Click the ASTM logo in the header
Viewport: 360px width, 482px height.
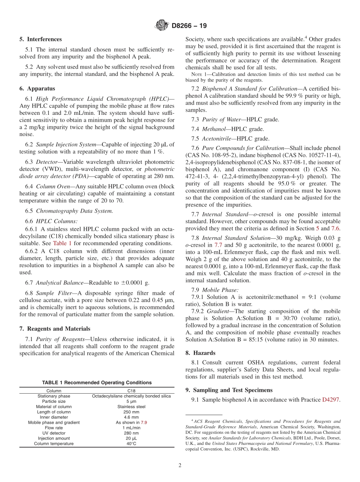[x=162, y=26]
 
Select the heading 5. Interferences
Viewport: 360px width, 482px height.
[x=41, y=39]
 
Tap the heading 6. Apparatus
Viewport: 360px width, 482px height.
[x=37, y=89]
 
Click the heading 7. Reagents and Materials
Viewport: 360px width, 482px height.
[x=55, y=329]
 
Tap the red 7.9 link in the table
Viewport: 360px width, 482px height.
[x=144, y=422]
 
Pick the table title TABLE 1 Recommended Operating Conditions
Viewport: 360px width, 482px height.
[x=97, y=383]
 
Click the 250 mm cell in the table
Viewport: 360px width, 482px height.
[x=131, y=412]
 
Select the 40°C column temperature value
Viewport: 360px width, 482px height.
[x=131, y=444]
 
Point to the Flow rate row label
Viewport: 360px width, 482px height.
[x=54, y=428]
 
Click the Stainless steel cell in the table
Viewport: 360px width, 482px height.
[x=131, y=407]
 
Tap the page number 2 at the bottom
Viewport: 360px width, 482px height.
[x=180, y=465]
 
